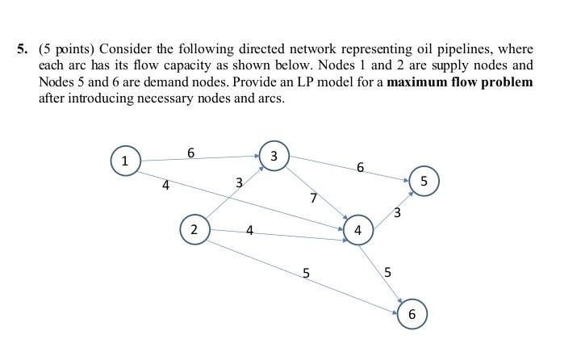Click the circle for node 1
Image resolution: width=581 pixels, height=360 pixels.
pyautogui.click(x=125, y=160)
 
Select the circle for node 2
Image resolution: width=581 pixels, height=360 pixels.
pyautogui.click(x=194, y=229)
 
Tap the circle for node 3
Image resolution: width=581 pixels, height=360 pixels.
pyautogui.click(x=274, y=156)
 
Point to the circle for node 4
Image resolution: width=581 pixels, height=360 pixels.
pyautogui.click(x=357, y=230)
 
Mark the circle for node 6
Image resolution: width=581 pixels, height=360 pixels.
pyautogui.click(x=412, y=314)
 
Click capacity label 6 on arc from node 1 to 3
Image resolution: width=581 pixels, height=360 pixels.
pyautogui.click(x=190, y=152)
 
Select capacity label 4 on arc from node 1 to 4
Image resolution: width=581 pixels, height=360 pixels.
pyautogui.click(x=165, y=186)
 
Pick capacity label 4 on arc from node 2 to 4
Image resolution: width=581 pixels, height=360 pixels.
pyautogui.click(x=249, y=231)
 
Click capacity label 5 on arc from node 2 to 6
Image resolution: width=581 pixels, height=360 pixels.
pyautogui.click(x=306, y=273)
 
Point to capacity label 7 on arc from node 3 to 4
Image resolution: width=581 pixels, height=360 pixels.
pyautogui.click(x=314, y=198)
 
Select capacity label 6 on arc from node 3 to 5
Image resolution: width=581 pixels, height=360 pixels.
pyautogui.click(x=360, y=168)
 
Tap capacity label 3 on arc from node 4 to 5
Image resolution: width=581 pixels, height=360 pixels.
pyautogui.click(x=397, y=213)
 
